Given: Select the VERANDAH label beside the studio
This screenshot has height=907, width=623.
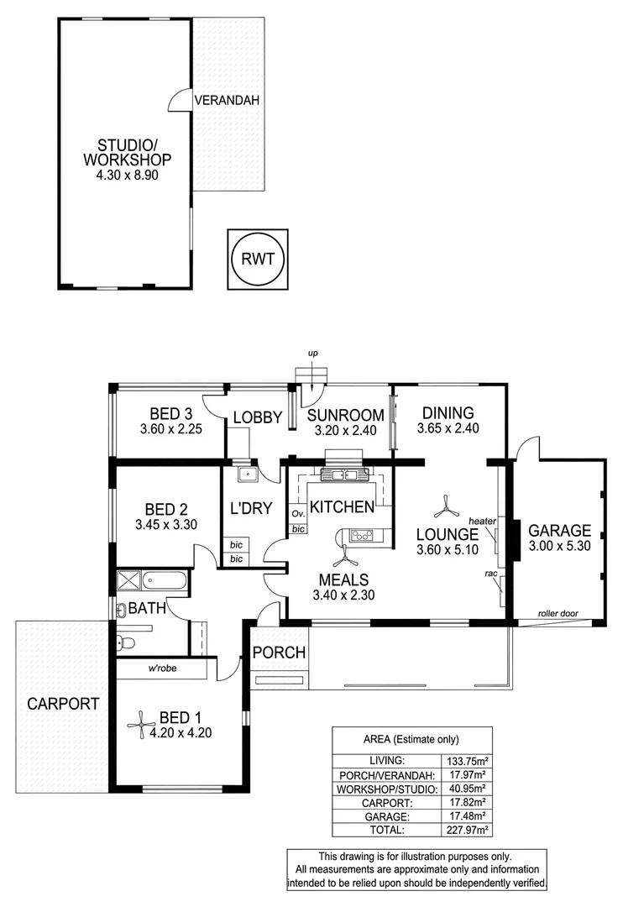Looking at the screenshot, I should (227, 100).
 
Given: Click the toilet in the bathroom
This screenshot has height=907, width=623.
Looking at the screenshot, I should (125, 643).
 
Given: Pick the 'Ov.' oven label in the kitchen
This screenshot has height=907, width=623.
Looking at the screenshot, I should (297, 513).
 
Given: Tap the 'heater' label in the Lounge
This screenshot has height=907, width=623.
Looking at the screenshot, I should (483, 522).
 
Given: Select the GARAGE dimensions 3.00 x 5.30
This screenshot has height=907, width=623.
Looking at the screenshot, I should (560, 547).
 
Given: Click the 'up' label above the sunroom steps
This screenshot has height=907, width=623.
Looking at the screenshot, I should (312, 354).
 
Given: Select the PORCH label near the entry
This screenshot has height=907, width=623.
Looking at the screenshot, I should (279, 653).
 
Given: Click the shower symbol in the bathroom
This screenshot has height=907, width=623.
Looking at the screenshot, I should (128, 579).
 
